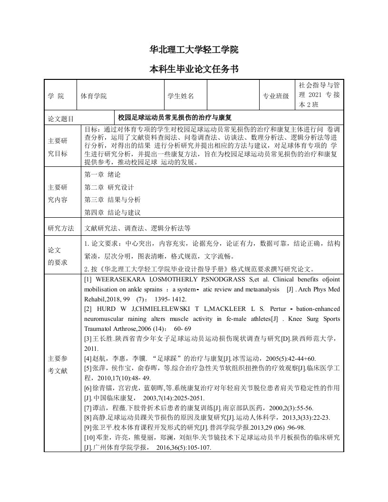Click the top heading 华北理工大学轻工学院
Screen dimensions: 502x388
pos(194,50)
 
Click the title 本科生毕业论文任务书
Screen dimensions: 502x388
pos(194,69)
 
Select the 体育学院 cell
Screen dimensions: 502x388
pos(94,96)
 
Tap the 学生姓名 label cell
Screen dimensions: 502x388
pos(181,96)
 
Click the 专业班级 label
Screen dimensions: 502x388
pos(276,96)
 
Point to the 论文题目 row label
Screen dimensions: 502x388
pos(61,117)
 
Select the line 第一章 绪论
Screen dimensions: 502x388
pos(99,175)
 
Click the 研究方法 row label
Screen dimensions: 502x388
pos(61,228)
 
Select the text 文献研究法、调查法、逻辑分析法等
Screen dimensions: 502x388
pos(137,228)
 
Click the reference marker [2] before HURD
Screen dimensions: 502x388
pos(88,309)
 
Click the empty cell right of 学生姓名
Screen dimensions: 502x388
pos(233,96)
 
